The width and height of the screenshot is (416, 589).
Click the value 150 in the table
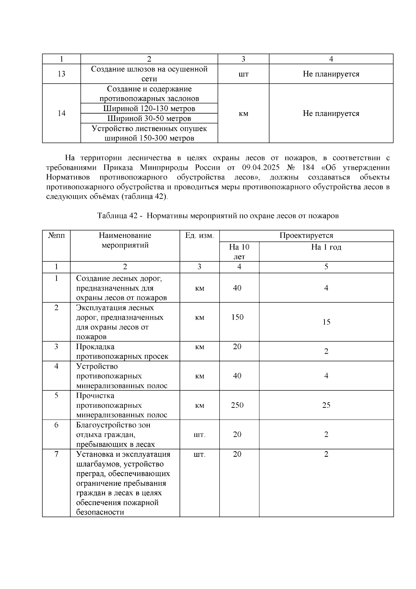tap(237, 317)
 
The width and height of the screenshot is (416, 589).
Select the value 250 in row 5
tap(237, 405)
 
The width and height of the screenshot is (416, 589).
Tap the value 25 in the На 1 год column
tap(326, 405)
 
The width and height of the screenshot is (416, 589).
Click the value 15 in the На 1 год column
tap(326, 322)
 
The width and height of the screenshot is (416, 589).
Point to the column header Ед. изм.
tap(199, 236)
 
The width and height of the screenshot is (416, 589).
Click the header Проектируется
tap(306, 236)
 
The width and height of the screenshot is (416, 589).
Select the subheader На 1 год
tap(326, 247)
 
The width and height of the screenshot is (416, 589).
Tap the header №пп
tap(56, 236)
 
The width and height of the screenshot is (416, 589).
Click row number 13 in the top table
tap(61, 74)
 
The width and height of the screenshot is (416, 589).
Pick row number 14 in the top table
tap(61, 113)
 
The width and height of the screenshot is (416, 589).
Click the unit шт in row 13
tap(243, 74)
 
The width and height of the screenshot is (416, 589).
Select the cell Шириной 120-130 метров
tap(149, 109)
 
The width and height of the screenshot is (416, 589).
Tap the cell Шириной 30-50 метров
tap(149, 119)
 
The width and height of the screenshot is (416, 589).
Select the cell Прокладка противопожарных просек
tap(122, 352)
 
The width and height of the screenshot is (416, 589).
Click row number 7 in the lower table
tap(56, 454)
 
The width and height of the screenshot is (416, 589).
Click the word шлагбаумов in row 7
tap(98, 464)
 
